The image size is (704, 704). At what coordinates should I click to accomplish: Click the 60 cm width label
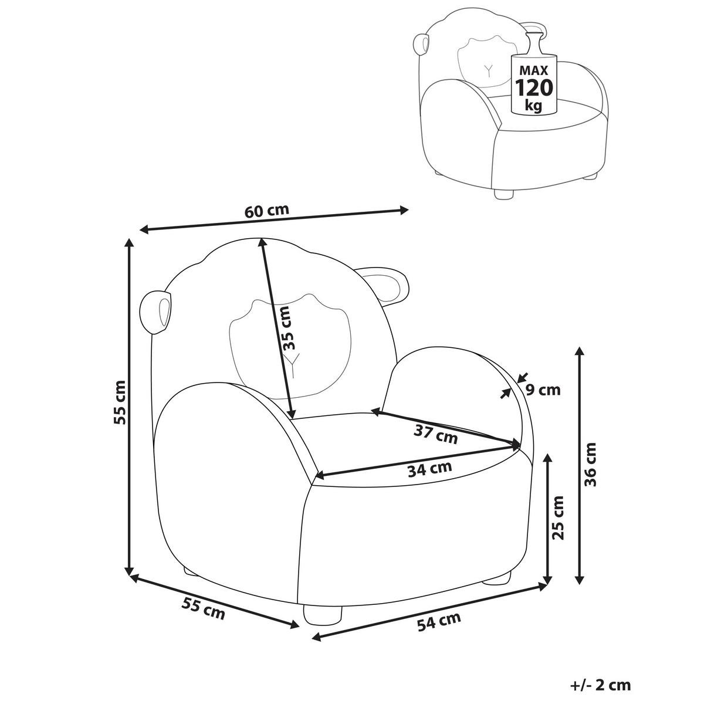(x=267, y=211)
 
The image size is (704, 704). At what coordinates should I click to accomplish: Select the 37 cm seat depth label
(x=435, y=434)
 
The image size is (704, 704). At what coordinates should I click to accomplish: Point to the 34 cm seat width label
(x=429, y=469)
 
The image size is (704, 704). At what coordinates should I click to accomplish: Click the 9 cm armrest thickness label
(x=543, y=390)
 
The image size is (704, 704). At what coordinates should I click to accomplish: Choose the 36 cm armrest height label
(x=590, y=464)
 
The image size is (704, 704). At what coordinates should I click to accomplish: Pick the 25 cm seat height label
(x=558, y=517)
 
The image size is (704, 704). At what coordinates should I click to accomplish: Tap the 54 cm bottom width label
(x=438, y=621)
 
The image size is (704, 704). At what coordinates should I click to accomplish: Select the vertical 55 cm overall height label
(x=120, y=402)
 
